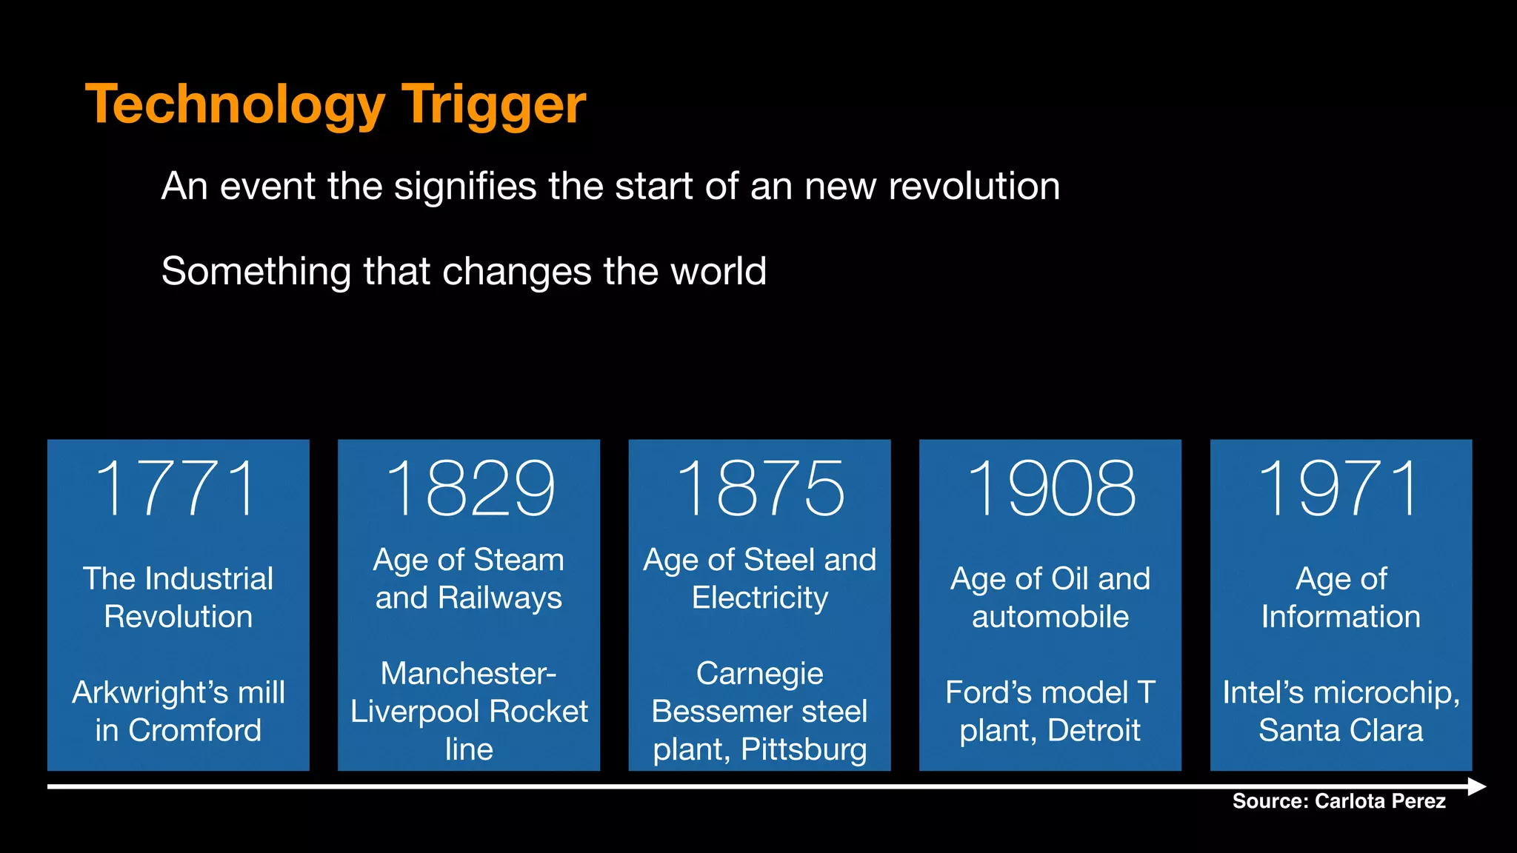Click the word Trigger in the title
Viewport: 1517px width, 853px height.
[493, 104]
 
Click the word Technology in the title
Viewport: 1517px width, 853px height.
[236, 104]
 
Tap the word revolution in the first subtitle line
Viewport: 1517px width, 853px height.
[974, 186]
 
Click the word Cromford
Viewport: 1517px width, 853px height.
[195, 731]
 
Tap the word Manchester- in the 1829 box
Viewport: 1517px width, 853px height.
[468, 674]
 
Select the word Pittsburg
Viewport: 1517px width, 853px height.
[804, 750]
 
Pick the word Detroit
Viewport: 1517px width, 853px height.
[1094, 731]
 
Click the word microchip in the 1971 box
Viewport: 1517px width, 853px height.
[1385, 693]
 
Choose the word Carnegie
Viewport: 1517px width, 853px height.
[759, 674]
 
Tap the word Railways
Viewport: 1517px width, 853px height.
[500, 598]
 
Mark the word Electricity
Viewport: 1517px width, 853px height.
[760, 598]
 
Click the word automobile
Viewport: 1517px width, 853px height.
[1050, 617]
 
